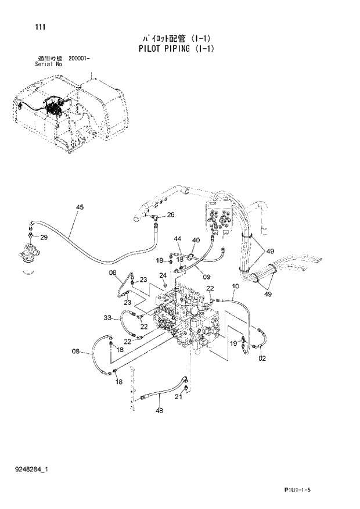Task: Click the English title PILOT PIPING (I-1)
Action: click(177, 49)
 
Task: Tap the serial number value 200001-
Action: click(79, 59)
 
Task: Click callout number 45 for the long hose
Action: click(80, 207)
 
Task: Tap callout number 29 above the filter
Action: click(44, 238)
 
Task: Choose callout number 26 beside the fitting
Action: click(171, 215)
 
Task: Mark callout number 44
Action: click(178, 239)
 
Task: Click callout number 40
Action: click(196, 240)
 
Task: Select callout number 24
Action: click(163, 275)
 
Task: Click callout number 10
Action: click(236, 286)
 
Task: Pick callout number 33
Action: click(107, 317)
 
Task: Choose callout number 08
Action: click(75, 350)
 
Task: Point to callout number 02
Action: click(262, 360)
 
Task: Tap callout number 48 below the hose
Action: click(159, 410)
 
